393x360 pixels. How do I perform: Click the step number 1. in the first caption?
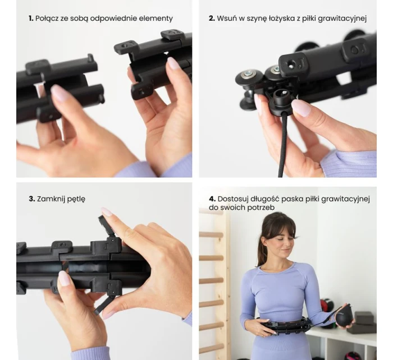31,19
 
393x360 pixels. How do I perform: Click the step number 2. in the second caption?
212,19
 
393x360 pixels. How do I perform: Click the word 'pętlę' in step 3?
76,200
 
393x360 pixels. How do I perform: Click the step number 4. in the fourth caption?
212,199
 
